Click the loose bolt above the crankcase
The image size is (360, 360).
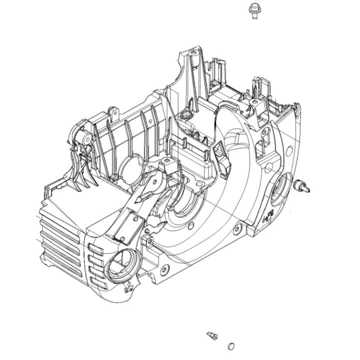click(x=254, y=11)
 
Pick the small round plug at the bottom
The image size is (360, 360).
click(x=230, y=345)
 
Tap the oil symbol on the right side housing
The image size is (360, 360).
click(x=268, y=216)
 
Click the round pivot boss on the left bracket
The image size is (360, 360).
click(x=85, y=137)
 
